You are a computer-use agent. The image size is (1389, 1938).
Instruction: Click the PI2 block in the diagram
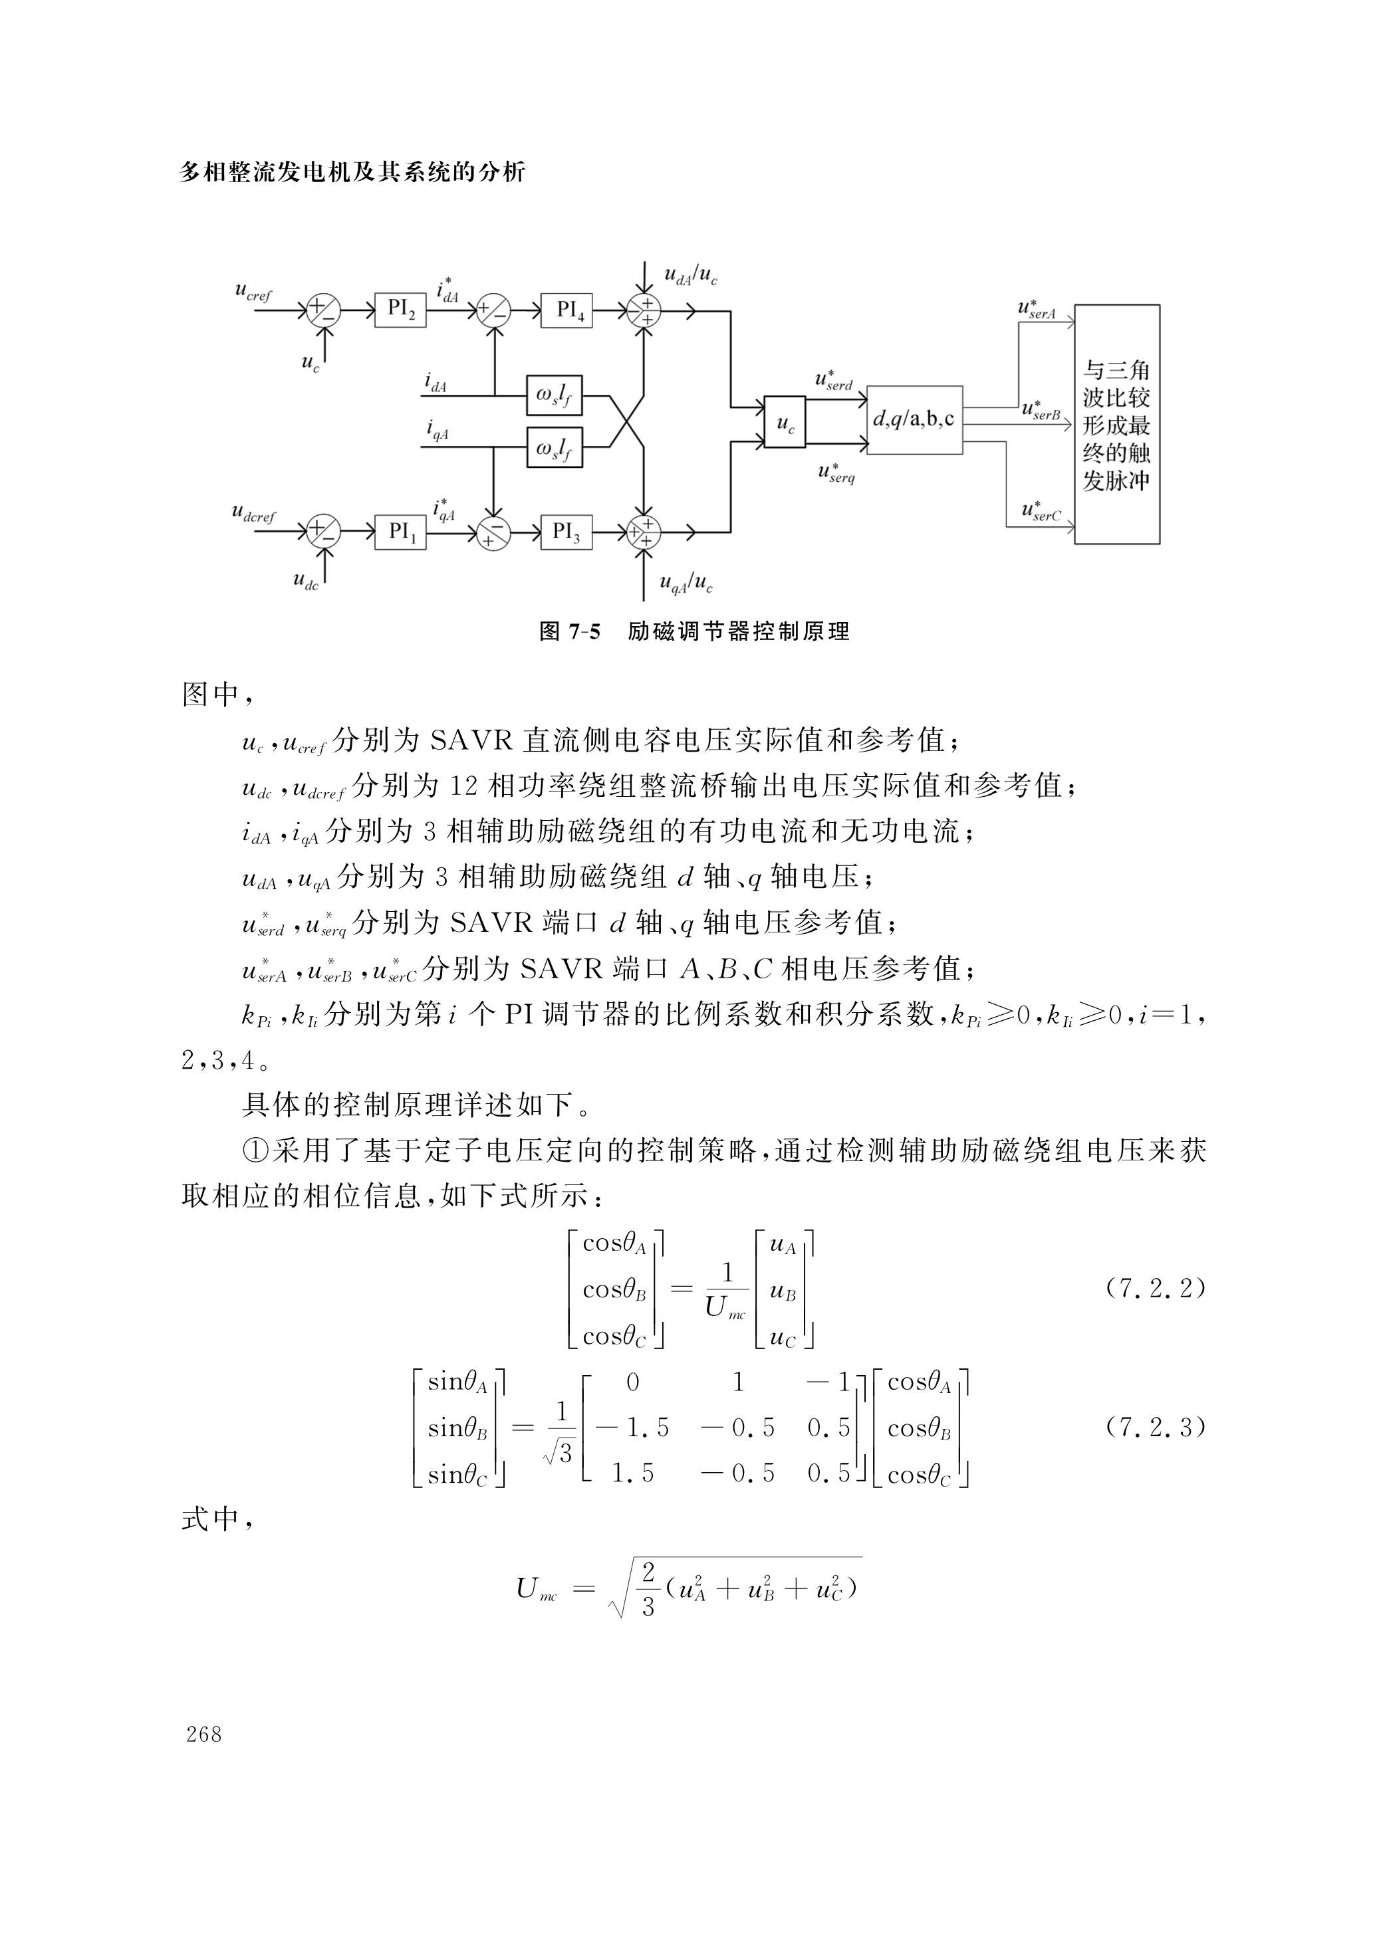[400, 309]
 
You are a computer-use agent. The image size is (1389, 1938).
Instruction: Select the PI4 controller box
[567, 309]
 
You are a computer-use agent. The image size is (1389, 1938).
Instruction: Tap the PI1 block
[400, 532]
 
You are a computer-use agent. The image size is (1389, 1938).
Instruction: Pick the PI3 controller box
[567, 532]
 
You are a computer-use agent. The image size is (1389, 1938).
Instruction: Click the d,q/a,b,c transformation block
[914, 419]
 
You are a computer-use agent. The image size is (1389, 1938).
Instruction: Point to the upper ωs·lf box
[555, 395]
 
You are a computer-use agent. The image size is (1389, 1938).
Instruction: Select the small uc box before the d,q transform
[785, 421]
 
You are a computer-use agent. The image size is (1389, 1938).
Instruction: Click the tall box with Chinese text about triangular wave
[1116, 424]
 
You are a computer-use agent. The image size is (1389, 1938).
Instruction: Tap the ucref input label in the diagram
[253, 292]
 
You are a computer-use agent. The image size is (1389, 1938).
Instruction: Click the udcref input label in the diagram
[254, 514]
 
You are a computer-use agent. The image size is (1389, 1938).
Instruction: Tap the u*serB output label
[1041, 410]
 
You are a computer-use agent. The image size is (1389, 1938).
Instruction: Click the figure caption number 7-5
[583, 632]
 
